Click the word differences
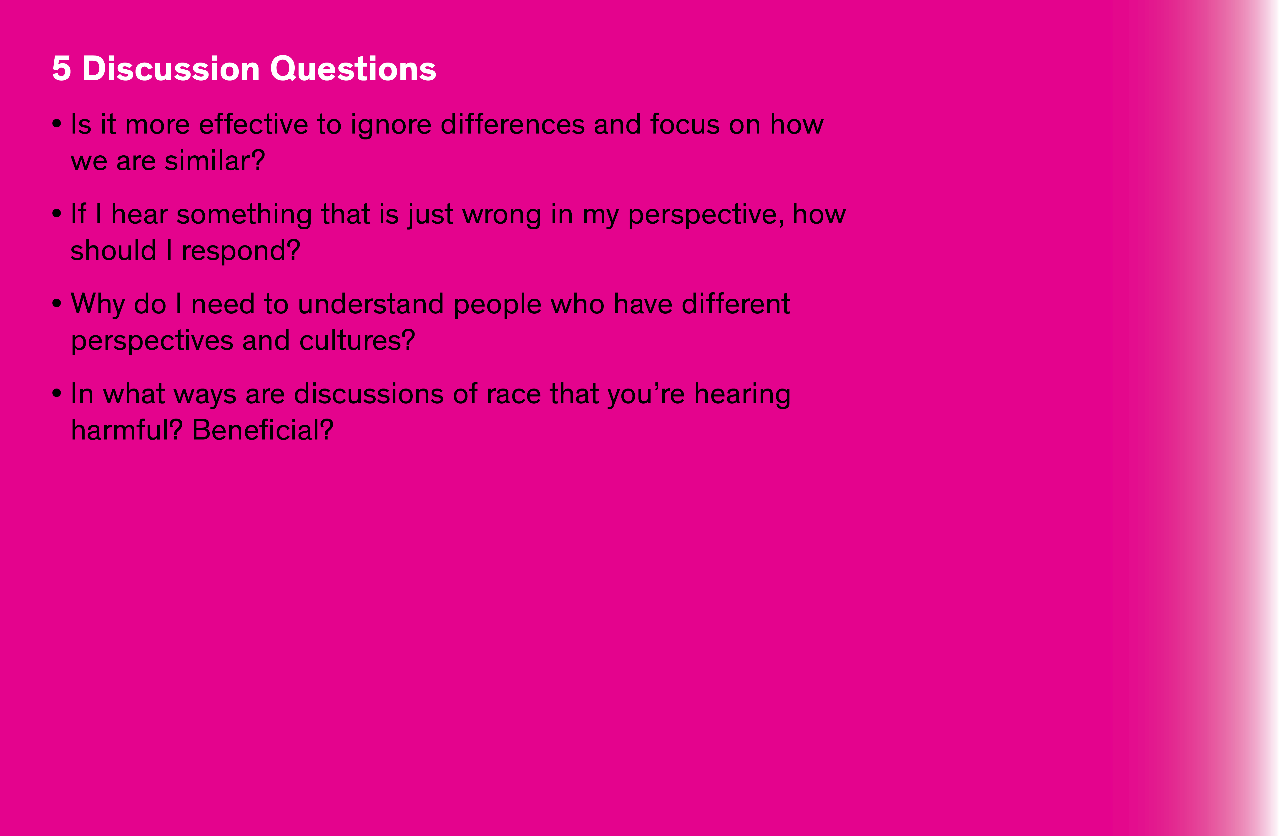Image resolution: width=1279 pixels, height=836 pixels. [x=512, y=124]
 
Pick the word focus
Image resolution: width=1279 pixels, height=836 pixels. [x=685, y=124]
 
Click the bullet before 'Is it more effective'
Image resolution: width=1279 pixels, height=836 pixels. [x=57, y=124]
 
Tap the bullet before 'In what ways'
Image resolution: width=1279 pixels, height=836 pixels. [x=57, y=394]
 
